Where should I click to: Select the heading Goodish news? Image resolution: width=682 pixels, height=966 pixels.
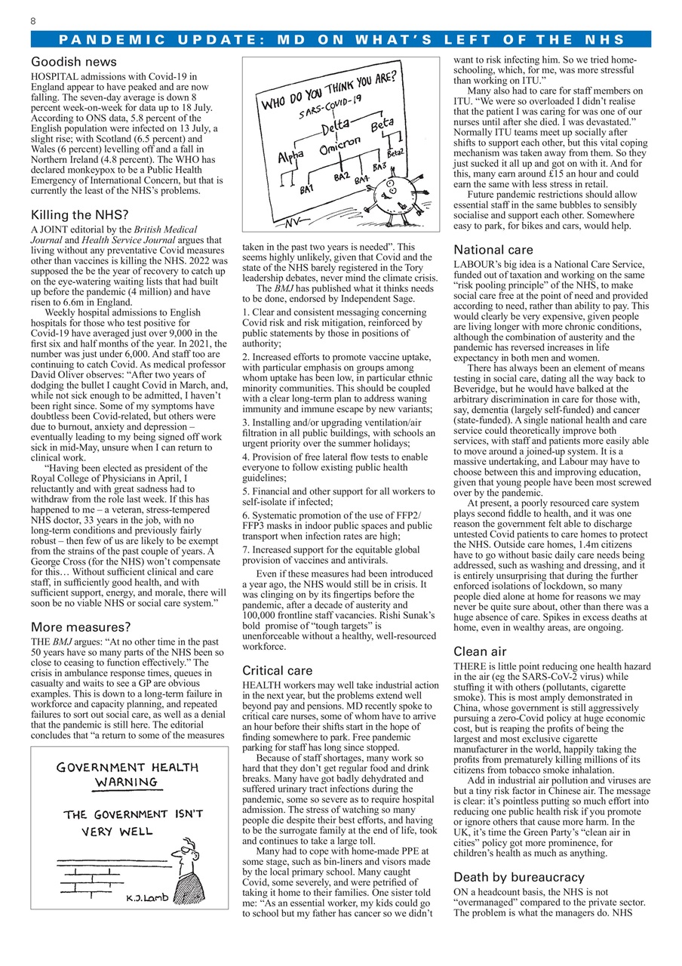[74, 62]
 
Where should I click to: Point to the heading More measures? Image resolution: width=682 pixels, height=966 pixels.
[81, 626]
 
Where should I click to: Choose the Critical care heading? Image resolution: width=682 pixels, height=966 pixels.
[278, 670]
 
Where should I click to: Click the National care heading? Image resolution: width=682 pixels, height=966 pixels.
[493, 250]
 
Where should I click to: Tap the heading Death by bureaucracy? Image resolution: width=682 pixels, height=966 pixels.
[518, 877]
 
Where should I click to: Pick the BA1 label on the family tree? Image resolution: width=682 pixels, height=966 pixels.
[306, 189]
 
